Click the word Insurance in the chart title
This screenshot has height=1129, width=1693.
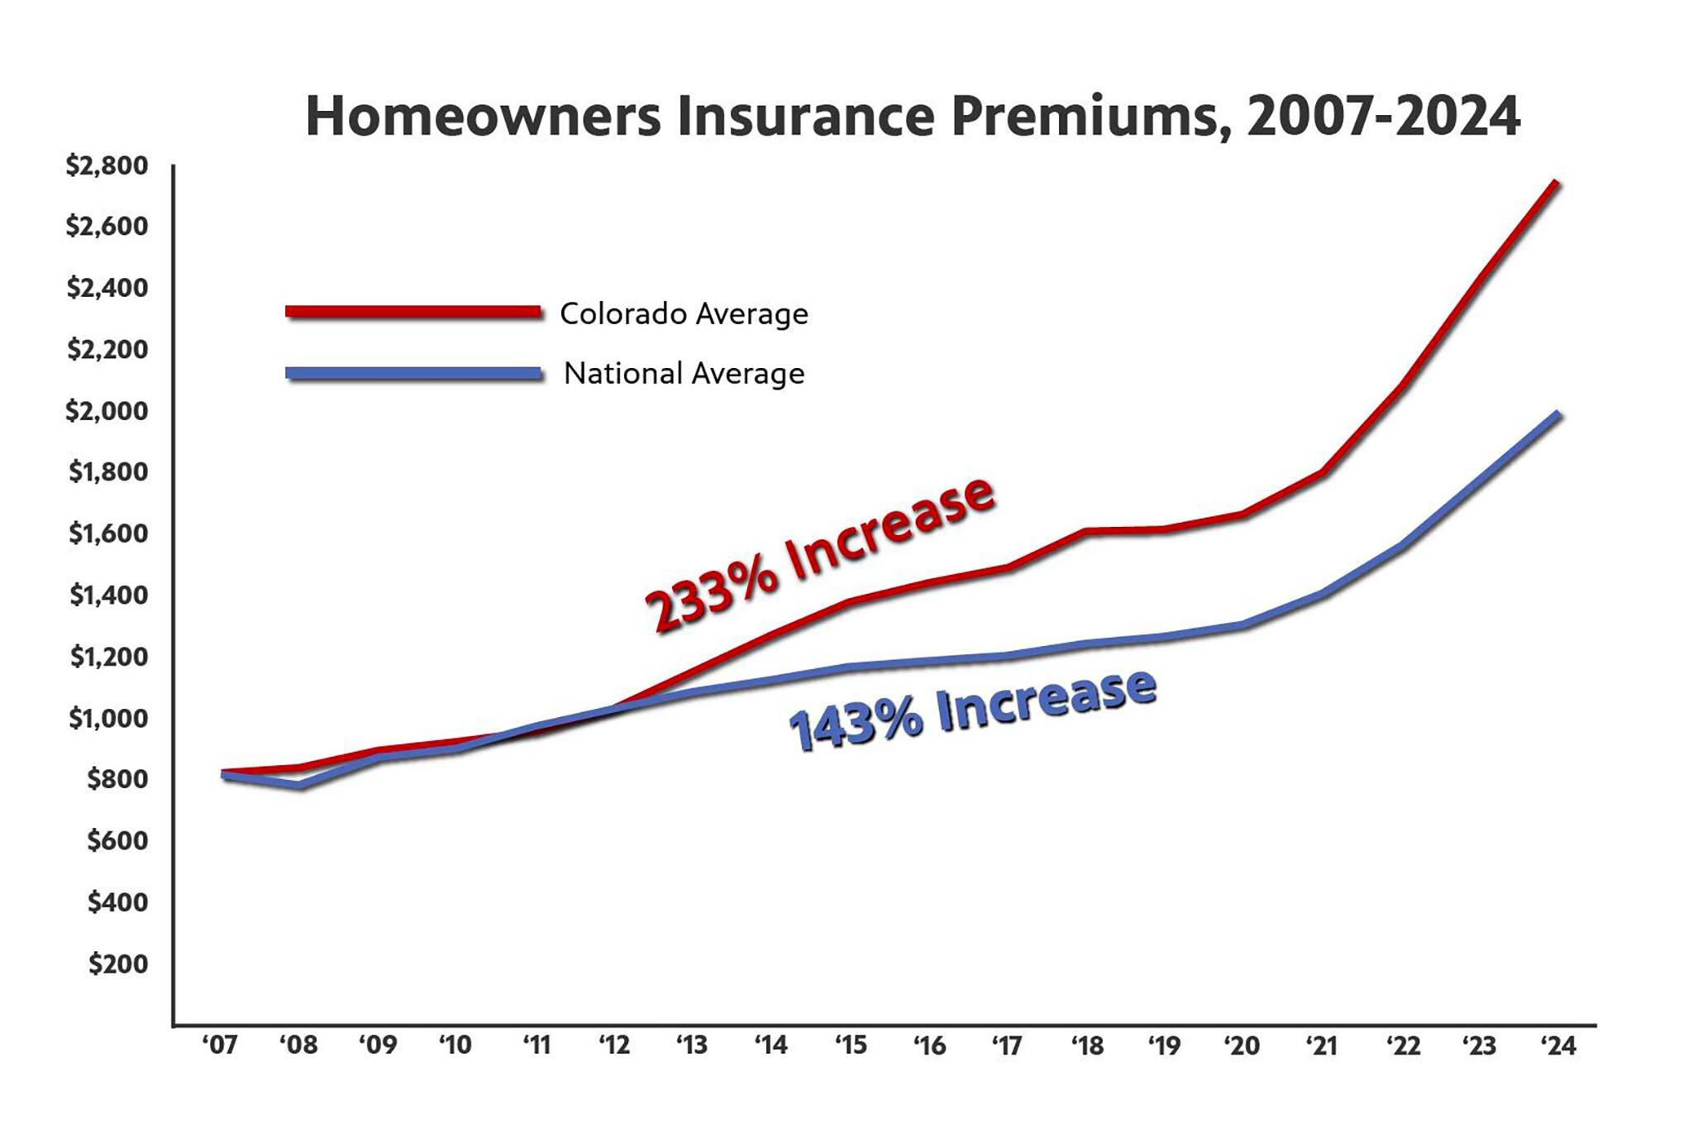(x=806, y=117)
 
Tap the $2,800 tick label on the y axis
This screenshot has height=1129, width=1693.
(x=107, y=165)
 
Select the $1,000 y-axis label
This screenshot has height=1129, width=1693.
(x=108, y=718)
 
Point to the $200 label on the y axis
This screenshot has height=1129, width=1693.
(x=117, y=964)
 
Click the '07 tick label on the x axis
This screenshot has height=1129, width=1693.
(x=219, y=1045)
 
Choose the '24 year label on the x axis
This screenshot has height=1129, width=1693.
(x=1558, y=1045)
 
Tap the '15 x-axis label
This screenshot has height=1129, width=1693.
(x=850, y=1045)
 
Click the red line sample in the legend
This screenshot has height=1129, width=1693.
(x=413, y=312)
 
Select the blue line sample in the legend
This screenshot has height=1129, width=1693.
(x=413, y=373)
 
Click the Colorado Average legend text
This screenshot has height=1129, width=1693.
(x=684, y=313)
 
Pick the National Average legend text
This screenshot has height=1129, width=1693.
(x=684, y=374)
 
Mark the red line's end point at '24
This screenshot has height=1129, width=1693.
(x=1556, y=183)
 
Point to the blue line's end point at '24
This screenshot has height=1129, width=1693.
(x=1557, y=414)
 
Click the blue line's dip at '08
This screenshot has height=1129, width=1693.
(x=299, y=784)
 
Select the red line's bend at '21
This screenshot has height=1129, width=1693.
(x=1323, y=472)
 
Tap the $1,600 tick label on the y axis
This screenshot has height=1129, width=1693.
(x=108, y=533)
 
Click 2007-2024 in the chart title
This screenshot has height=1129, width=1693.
(x=1382, y=117)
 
